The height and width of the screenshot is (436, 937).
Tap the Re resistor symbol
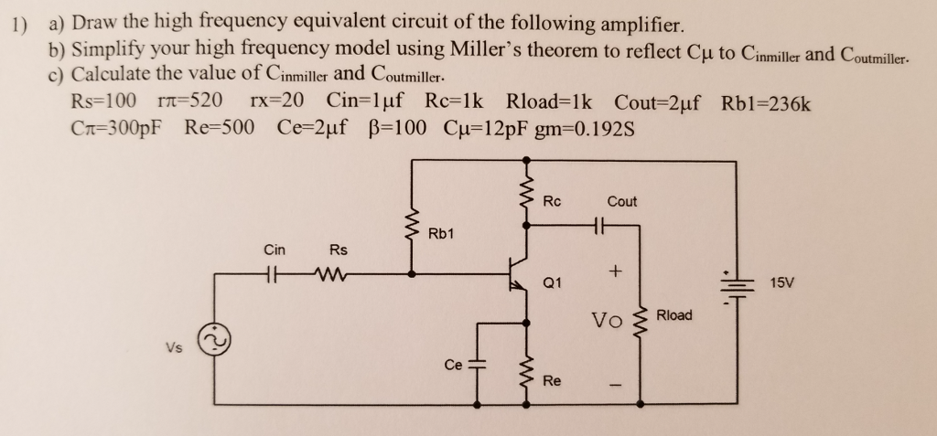(527, 372)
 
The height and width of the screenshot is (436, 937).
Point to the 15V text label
(784, 283)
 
